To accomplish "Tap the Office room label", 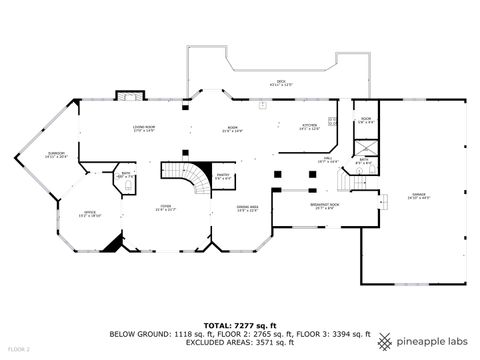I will (x=89, y=214).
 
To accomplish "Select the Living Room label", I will (x=145, y=129).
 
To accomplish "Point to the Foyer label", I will (x=165, y=209).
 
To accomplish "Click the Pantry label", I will (x=224, y=178).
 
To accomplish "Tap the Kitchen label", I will (x=310, y=127).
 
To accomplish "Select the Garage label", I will (x=418, y=197).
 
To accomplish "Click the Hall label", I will (x=327, y=160).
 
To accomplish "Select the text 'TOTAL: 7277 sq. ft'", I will (x=239, y=325).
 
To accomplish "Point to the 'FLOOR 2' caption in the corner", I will (x=18, y=349).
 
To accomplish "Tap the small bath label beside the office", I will (x=125, y=176).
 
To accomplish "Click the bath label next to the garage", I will (x=365, y=160).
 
